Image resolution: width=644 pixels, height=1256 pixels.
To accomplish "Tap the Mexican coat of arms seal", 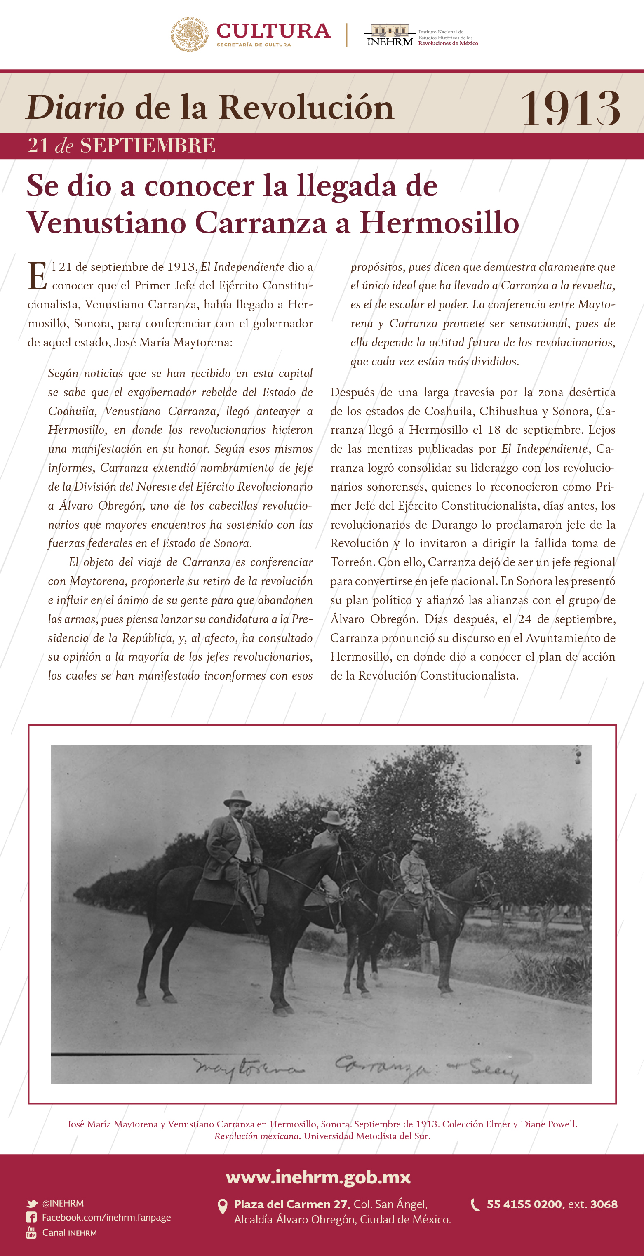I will (190, 34).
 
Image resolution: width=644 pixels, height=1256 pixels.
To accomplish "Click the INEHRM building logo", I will (390, 35).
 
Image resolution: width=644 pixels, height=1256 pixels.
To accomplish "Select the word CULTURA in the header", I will (273, 31).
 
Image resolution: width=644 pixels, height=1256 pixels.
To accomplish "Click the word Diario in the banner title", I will (75, 108).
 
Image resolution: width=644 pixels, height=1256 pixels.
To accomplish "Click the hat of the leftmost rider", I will (237, 797).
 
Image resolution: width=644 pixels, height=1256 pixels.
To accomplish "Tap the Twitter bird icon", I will (32, 1203).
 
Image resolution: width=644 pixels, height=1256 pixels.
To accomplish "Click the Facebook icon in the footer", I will (31, 1218).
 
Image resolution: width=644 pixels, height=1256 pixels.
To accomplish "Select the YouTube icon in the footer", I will (31, 1232).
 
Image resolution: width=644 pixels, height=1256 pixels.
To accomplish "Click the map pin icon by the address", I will (222, 1206).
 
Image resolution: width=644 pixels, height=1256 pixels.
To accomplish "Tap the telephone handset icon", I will (475, 1205).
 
